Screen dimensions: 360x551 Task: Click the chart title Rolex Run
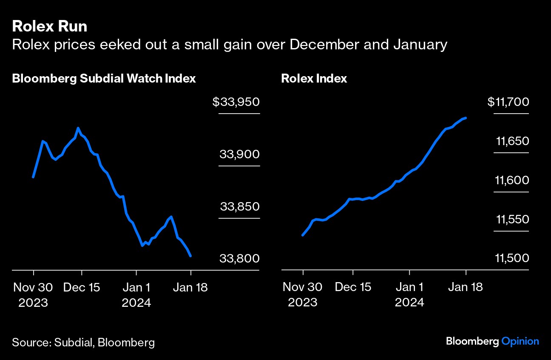pos(50,26)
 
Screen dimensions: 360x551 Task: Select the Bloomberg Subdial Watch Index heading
pos(104,79)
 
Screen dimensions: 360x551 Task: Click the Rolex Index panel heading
pos(314,79)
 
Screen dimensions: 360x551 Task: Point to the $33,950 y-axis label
pos(236,102)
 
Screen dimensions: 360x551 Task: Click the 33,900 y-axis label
pos(239,154)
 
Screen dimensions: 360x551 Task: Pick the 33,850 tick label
pos(239,207)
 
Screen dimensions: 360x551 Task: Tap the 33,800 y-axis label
pos(239,259)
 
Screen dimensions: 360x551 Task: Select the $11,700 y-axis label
pos(508,102)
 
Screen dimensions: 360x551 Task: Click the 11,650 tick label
pos(512,141)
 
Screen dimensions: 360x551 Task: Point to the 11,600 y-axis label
pos(512,180)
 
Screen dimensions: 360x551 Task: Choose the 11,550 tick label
pos(512,220)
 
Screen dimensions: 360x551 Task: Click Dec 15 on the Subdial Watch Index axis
pos(82,287)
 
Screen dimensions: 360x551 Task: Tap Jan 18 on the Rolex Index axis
pos(466,287)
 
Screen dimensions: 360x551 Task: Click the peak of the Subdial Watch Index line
pos(78,128)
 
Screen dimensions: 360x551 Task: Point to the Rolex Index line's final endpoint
pos(466,118)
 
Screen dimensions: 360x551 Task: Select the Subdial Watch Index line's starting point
pos(33,177)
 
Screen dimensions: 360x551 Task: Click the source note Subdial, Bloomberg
pos(83,343)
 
